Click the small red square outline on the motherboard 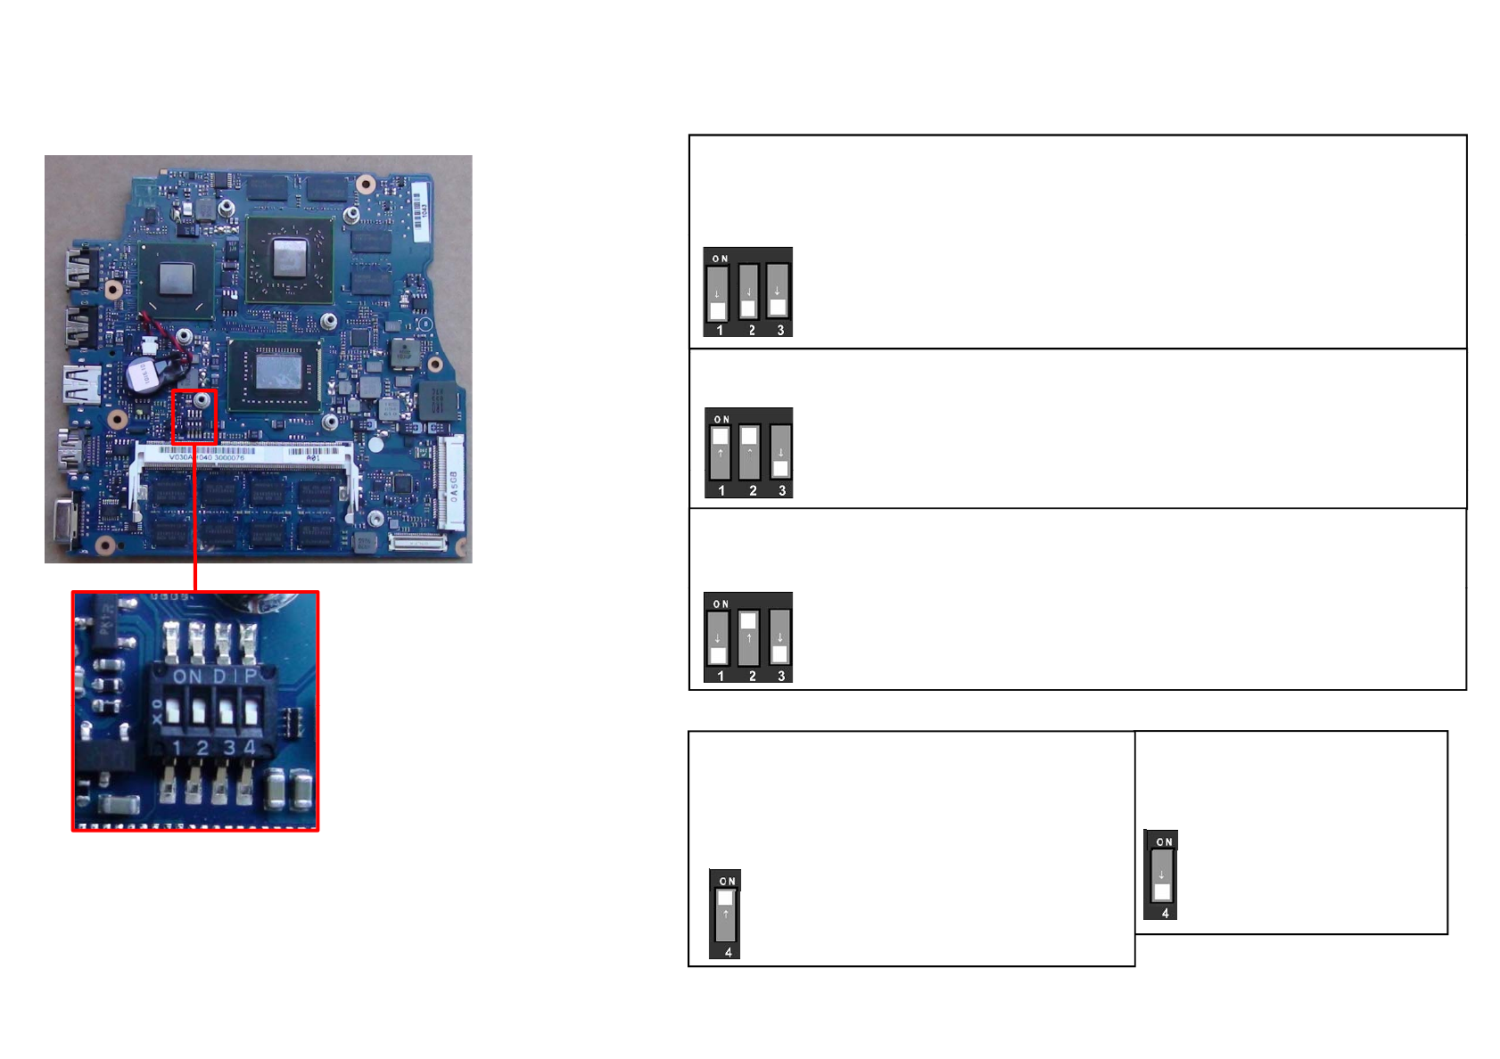click(x=194, y=416)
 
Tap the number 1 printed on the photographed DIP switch click(x=177, y=747)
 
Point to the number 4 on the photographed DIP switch click(x=250, y=747)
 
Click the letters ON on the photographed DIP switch click(x=187, y=677)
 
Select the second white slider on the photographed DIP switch click(x=199, y=712)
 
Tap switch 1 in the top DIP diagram click(x=718, y=293)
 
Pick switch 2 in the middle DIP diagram click(x=750, y=452)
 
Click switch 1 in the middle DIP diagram click(x=720, y=452)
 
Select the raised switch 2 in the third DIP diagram click(x=748, y=636)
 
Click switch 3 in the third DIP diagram click(x=779, y=636)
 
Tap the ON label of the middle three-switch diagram click(x=721, y=419)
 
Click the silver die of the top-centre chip click(x=289, y=258)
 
